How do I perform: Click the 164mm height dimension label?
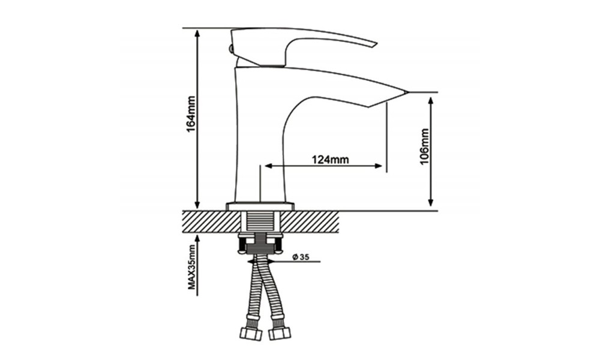pos(191,115)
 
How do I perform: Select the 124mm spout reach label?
pos(330,159)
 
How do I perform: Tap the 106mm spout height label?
pos(425,146)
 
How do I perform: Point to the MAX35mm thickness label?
pos(191,266)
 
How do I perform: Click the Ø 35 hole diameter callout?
pos(301,257)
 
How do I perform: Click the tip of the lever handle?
pos(376,44)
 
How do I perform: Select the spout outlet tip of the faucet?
pos(405,93)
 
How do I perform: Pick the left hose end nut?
pos(251,334)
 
